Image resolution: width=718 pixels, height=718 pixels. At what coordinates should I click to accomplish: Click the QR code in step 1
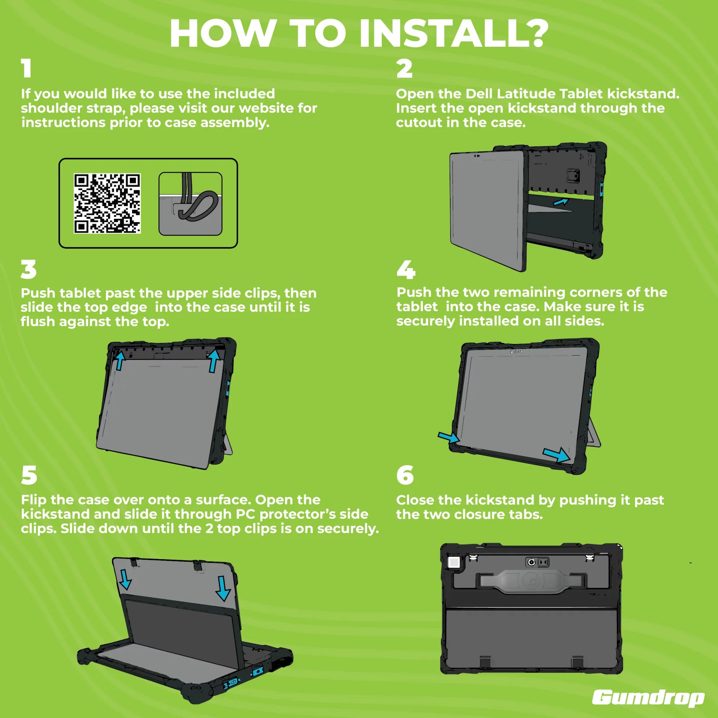tap(107, 203)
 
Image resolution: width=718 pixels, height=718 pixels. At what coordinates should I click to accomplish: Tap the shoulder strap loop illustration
tap(190, 203)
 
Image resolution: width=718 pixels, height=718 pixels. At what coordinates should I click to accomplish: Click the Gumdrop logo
tap(648, 698)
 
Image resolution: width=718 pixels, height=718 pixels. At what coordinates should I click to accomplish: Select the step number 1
tap(26, 68)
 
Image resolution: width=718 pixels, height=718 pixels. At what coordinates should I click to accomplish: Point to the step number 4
tap(406, 270)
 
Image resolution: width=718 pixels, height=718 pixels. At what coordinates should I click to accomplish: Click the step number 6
tap(405, 475)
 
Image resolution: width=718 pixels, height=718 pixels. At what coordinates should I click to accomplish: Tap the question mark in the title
tap(536, 33)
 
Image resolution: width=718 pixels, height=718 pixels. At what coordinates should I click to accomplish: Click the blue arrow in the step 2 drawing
tap(561, 202)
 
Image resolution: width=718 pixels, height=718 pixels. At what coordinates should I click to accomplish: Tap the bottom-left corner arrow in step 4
tap(449, 437)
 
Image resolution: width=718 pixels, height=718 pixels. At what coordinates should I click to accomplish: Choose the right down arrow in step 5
tap(223, 588)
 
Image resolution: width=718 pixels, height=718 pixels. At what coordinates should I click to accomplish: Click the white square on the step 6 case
tap(454, 562)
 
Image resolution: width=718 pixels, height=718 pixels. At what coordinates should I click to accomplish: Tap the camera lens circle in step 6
tap(531, 562)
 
